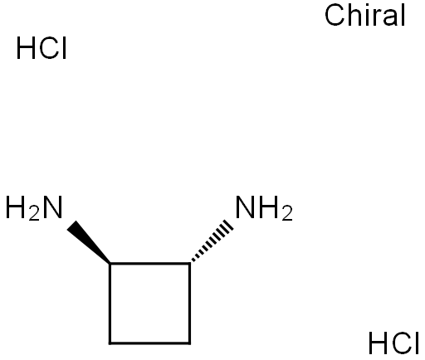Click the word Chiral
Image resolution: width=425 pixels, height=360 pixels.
pos(365,16)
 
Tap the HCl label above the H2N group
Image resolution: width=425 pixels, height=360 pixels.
pos(42,48)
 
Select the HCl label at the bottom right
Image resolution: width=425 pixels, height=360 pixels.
pos(393,343)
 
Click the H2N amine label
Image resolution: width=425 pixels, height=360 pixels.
pos(34,207)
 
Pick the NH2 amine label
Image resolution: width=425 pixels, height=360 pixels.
pos(264,207)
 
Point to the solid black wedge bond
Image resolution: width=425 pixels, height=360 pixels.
pos(89,242)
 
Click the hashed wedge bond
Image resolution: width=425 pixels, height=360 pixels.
pos(212,241)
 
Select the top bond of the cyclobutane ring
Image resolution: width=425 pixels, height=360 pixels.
pos(150,264)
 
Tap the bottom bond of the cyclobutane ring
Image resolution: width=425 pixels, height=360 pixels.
pos(150,343)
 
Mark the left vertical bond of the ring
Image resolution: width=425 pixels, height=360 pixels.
pos(110,304)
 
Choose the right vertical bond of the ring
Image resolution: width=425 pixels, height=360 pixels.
pos(189,304)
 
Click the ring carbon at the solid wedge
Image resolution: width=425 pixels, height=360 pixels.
pos(110,264)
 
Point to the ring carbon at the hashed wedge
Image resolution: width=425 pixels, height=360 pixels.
pos(189,264)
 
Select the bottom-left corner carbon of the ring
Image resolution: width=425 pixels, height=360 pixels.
pos(110,343)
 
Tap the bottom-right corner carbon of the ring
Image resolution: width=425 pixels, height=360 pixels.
pos(189,343)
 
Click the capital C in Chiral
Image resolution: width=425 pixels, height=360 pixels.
pos(335,16)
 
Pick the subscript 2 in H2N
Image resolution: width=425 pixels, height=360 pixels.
pos(34,215)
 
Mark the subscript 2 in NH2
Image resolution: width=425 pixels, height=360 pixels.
pos(287,215)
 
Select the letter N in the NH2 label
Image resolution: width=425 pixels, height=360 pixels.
pos(245,207)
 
